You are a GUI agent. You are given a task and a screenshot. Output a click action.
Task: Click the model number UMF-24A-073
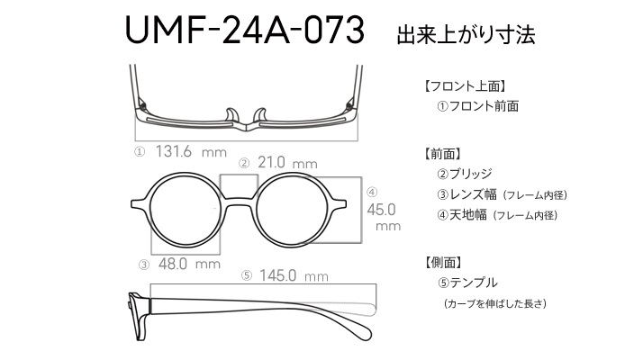pyautogui.click(x=244, y=30)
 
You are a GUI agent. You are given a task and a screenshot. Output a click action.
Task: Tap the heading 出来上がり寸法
pyautogui.click(x=466, y=35)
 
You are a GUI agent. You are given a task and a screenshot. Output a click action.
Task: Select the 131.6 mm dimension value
pyautogui.click(x=191, y=152)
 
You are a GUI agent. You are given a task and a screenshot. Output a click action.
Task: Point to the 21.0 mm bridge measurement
pyautogui.click(x=287, y=163)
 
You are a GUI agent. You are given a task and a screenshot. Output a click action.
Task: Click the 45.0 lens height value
pyautogui.click(x=381, y=210)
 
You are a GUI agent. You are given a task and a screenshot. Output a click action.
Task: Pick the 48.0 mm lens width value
pyautogui.click(x=189, y=264)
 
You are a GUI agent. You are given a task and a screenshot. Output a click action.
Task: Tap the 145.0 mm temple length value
pyautogui.click(x=294, y=275)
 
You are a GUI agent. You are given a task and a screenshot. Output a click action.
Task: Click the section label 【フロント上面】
pyautogui.click(x=465, y=86)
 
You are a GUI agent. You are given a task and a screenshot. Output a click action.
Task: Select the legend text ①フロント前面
pyautogui.click(x=478, y=106)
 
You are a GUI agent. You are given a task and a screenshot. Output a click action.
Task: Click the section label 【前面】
pyautogui.click(x=443, y=154)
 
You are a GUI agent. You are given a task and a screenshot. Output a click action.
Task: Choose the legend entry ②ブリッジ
pyautogui.click(x=465, y=174)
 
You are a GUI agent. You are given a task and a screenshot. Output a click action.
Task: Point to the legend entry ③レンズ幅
pyautogui.click(x=467, y=194)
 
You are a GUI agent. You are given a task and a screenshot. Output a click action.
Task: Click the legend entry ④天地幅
pyautogui.click(x=462, y=214)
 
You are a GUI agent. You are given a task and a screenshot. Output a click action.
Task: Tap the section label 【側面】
pyautogui.click(x=443, y=263)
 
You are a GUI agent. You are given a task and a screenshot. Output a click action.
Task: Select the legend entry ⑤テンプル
pyautogui.click(x=467, y=283)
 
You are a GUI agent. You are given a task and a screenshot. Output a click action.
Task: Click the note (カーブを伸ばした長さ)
pyautogui.click(x=495, y=304)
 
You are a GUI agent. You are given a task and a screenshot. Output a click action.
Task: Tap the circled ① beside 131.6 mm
pyautogui.click(x=140, y=152)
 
